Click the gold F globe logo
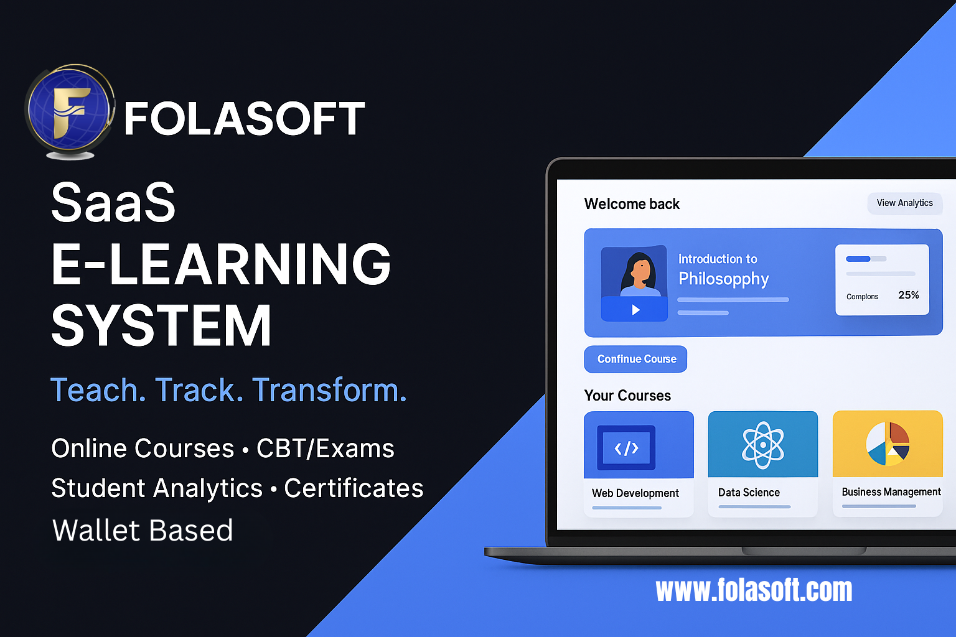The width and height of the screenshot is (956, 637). click(x=70, y=111)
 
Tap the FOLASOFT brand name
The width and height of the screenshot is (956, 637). click(x=244, y=119)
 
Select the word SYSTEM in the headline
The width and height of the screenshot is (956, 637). click(x=161, y=325)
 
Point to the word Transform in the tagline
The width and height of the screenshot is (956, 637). click(x=329, y=390)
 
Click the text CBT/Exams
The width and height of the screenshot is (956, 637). click(x=326, y=449)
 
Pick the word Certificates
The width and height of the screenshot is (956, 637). click(x=354, y=488)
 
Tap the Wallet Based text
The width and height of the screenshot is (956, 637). click(x=143, y=531)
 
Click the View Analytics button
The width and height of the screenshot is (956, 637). click(x=904, y=203)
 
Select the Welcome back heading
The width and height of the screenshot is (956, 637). click(x=632, y=204)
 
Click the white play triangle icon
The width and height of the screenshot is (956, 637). click(x=635, y=310)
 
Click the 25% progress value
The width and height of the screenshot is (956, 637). click(x=909, y=295)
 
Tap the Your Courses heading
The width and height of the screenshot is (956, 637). click(x=627, y=396)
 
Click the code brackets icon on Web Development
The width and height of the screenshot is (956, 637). click(x=626, y=448)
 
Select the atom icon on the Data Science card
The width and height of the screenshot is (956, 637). click(x=763, y=445)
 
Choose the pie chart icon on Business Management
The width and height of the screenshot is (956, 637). click(x=888, y=444)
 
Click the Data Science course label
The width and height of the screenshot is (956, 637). click(x=749, y=493)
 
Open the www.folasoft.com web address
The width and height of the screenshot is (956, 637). click(x=754, y=590)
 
